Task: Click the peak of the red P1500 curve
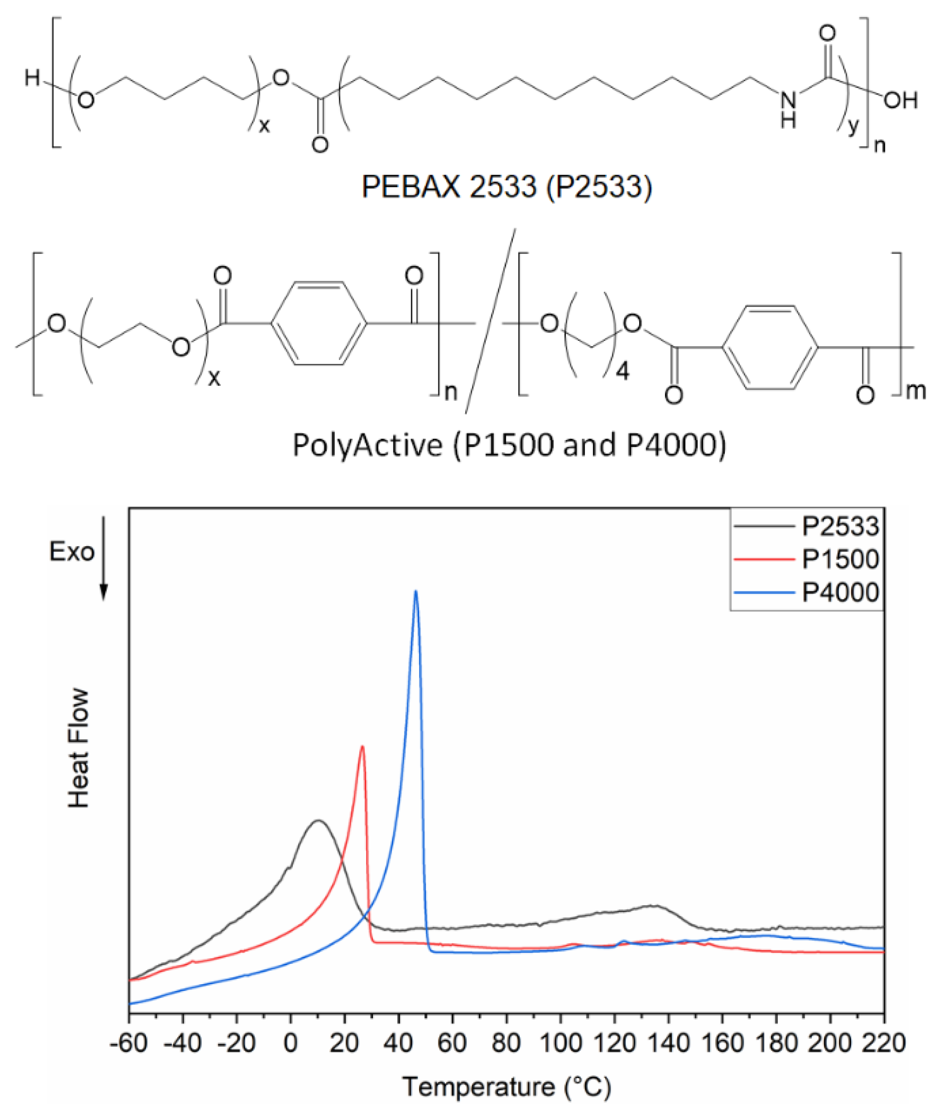[363, 747]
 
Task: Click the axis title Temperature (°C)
[506, 1087]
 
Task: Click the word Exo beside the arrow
[72, 552]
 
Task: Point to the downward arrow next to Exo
[104, 572]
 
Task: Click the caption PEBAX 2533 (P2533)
[506, 186]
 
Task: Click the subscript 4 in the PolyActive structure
[623, 371]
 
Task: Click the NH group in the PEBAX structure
[788, 109]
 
